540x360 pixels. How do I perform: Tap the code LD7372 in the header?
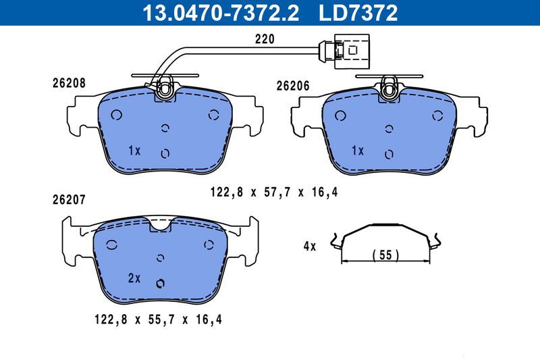(358, 11)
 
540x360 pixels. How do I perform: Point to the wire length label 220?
(265, 39)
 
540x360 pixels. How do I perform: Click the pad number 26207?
(68, 200)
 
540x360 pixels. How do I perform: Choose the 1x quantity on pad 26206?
(357, 150)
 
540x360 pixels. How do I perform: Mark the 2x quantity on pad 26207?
(134, 278)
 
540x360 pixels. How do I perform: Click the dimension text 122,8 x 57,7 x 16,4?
(274, 193)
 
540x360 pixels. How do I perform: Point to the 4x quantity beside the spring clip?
(309, 247)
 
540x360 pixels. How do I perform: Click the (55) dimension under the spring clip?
(386, 255)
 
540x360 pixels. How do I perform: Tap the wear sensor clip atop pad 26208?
(165, 87)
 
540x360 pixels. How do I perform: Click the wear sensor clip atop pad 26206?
(389, 87)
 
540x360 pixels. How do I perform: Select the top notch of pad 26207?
(161, 225)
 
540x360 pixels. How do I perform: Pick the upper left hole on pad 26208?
(115, 114)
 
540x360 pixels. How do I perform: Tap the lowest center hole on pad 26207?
(161, 283)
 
